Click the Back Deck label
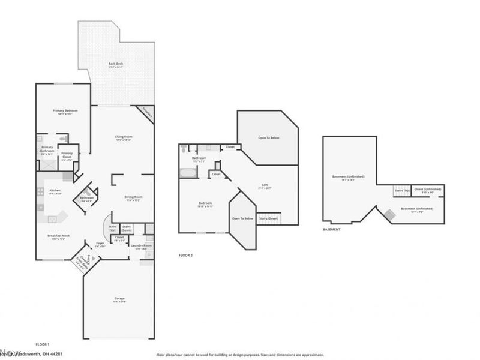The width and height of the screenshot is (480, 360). tap(116, 64)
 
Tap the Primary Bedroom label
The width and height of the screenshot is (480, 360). tap(65, 111)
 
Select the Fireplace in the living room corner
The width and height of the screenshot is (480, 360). tap(147, 112)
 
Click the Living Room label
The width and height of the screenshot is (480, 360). tap(124, 137)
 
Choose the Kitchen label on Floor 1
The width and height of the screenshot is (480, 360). tap(54, 191)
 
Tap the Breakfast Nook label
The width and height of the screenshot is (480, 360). tap(58, 236)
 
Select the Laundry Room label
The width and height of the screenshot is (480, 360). tap(142, 246)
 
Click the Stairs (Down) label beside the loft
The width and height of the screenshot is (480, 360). tap(268, 219)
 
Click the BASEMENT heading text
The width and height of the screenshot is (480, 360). tap(332, 229)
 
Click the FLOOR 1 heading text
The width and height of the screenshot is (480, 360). tap(43, 344)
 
